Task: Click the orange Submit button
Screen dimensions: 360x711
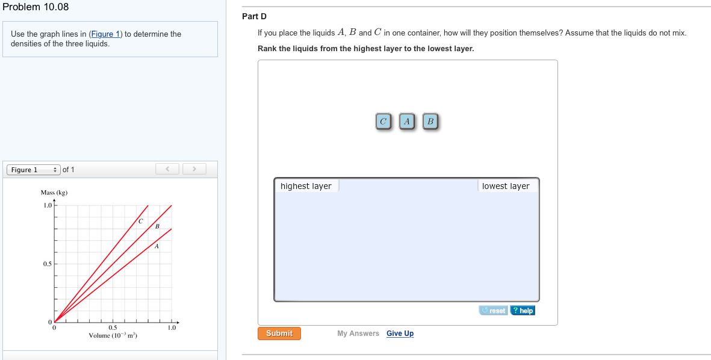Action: coord(279,334)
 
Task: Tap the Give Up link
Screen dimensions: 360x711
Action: coord(400,334)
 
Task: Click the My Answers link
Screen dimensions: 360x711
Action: coord(358,334)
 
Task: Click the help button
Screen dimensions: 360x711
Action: coord(523,311)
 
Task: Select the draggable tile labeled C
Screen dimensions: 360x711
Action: coord(383,122)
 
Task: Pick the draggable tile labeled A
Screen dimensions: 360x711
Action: coord(407,122)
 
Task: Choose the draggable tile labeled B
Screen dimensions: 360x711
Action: coord(430,122)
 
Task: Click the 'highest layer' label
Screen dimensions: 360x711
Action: coord(306,186)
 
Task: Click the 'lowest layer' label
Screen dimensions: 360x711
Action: coord(506,186)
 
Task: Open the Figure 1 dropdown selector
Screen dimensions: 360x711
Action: coord(34,170)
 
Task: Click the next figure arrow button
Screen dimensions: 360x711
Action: coord(194,169)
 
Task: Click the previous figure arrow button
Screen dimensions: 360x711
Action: coord(168,169)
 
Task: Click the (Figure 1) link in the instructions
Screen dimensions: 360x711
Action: coord(105,34)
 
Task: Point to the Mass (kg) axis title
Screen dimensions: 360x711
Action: coord(54,193)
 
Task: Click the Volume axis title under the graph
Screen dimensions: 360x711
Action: coord(113,335)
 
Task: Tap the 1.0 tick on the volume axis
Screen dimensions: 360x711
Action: coord(172,328)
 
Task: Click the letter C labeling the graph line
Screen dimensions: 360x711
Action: coord(140,222)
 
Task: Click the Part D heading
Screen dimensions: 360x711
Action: coord(254,16)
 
